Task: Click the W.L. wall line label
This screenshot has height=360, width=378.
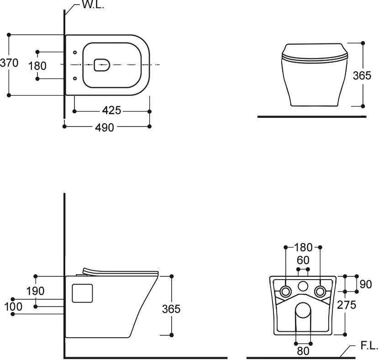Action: coord(93,5)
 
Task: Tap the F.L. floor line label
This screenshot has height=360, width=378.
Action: coord(368,345)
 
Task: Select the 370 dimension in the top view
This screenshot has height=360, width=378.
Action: coord(9,63)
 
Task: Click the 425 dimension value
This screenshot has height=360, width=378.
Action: coord(111,111)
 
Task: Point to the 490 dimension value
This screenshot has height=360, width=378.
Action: coord(105,127)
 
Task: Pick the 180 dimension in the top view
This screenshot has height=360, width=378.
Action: coord(37,66)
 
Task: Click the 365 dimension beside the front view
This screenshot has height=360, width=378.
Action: coord(362,76)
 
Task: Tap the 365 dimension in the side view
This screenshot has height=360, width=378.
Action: coord(171,309)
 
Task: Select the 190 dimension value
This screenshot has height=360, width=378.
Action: coord(35,291)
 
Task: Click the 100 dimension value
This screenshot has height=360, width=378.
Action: coord(13,307)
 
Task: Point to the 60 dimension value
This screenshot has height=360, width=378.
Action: coord(303,260)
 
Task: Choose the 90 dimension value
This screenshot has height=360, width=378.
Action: coord(366,285)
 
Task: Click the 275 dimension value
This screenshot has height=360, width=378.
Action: coord(346,305)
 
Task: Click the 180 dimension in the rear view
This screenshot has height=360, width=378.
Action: coord(303,247)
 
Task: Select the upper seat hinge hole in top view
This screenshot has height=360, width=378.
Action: coord(75,53)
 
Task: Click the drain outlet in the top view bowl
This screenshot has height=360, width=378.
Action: coord(102,65)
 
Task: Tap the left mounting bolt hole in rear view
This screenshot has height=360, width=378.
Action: coord(285,292)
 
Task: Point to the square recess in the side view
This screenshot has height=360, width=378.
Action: coord(82,293)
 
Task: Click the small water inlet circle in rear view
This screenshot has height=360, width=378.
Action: coord(303,286)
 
